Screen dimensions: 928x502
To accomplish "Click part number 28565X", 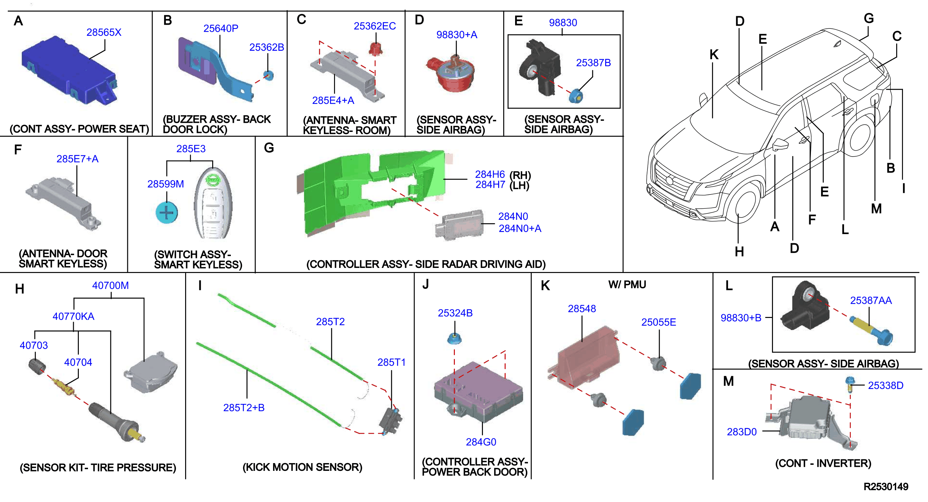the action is coord(104,32).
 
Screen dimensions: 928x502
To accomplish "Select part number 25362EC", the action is coord(375,26).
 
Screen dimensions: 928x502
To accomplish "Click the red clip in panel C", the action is coord(375,49).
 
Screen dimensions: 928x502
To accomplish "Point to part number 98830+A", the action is coord(457,35).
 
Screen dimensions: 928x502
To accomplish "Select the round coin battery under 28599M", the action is coord(167,212).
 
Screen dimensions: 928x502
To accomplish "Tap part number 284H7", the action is coord(490,185).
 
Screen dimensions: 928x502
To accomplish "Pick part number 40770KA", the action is coord(73,316).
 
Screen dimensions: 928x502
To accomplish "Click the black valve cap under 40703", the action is coord(37,367).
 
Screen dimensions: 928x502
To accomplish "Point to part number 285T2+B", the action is coord(244,408).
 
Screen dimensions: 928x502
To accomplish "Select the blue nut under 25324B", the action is coord(454,339).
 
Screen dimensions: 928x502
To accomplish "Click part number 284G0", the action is coord(481,442).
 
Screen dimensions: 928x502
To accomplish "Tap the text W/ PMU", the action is coord(627,284).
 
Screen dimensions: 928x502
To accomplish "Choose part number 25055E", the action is coord(659,322).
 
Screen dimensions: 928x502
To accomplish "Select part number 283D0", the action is coord(742,432).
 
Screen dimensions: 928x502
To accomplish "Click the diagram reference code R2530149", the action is coord(886,486).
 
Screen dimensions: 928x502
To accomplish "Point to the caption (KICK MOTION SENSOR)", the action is coord(302,467).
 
